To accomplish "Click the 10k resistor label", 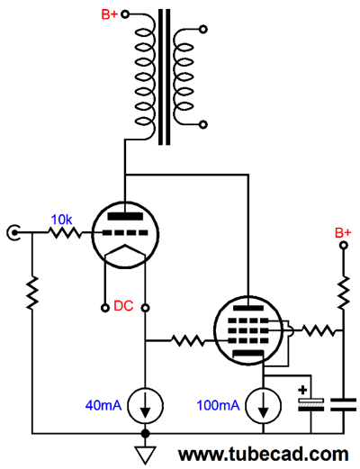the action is coord(61,220).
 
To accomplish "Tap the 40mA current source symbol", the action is coord(146,405).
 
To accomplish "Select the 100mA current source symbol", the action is coord(264,405).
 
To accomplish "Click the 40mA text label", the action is coord(103,405).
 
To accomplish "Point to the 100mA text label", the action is coord(218,405).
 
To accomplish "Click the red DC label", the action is coord(123,306).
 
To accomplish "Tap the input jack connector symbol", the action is coord(13,232).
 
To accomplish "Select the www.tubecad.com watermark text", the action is coord(264,455).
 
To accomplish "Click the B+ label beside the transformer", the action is coord(110,14).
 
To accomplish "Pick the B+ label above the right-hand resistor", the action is coord(343,232).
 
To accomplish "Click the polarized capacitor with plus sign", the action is coord(311,404).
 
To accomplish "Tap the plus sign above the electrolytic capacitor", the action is coord(303,390).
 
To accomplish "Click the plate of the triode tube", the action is coord(125,216).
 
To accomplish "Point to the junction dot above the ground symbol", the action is coord(146,434).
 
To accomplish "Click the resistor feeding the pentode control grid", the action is coord(188,340).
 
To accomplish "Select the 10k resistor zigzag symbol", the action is coord(65,232).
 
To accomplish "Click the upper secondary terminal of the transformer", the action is coord(203,29).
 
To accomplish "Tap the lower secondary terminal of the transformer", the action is coord(203,124).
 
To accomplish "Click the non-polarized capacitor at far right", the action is coord(344,404).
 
